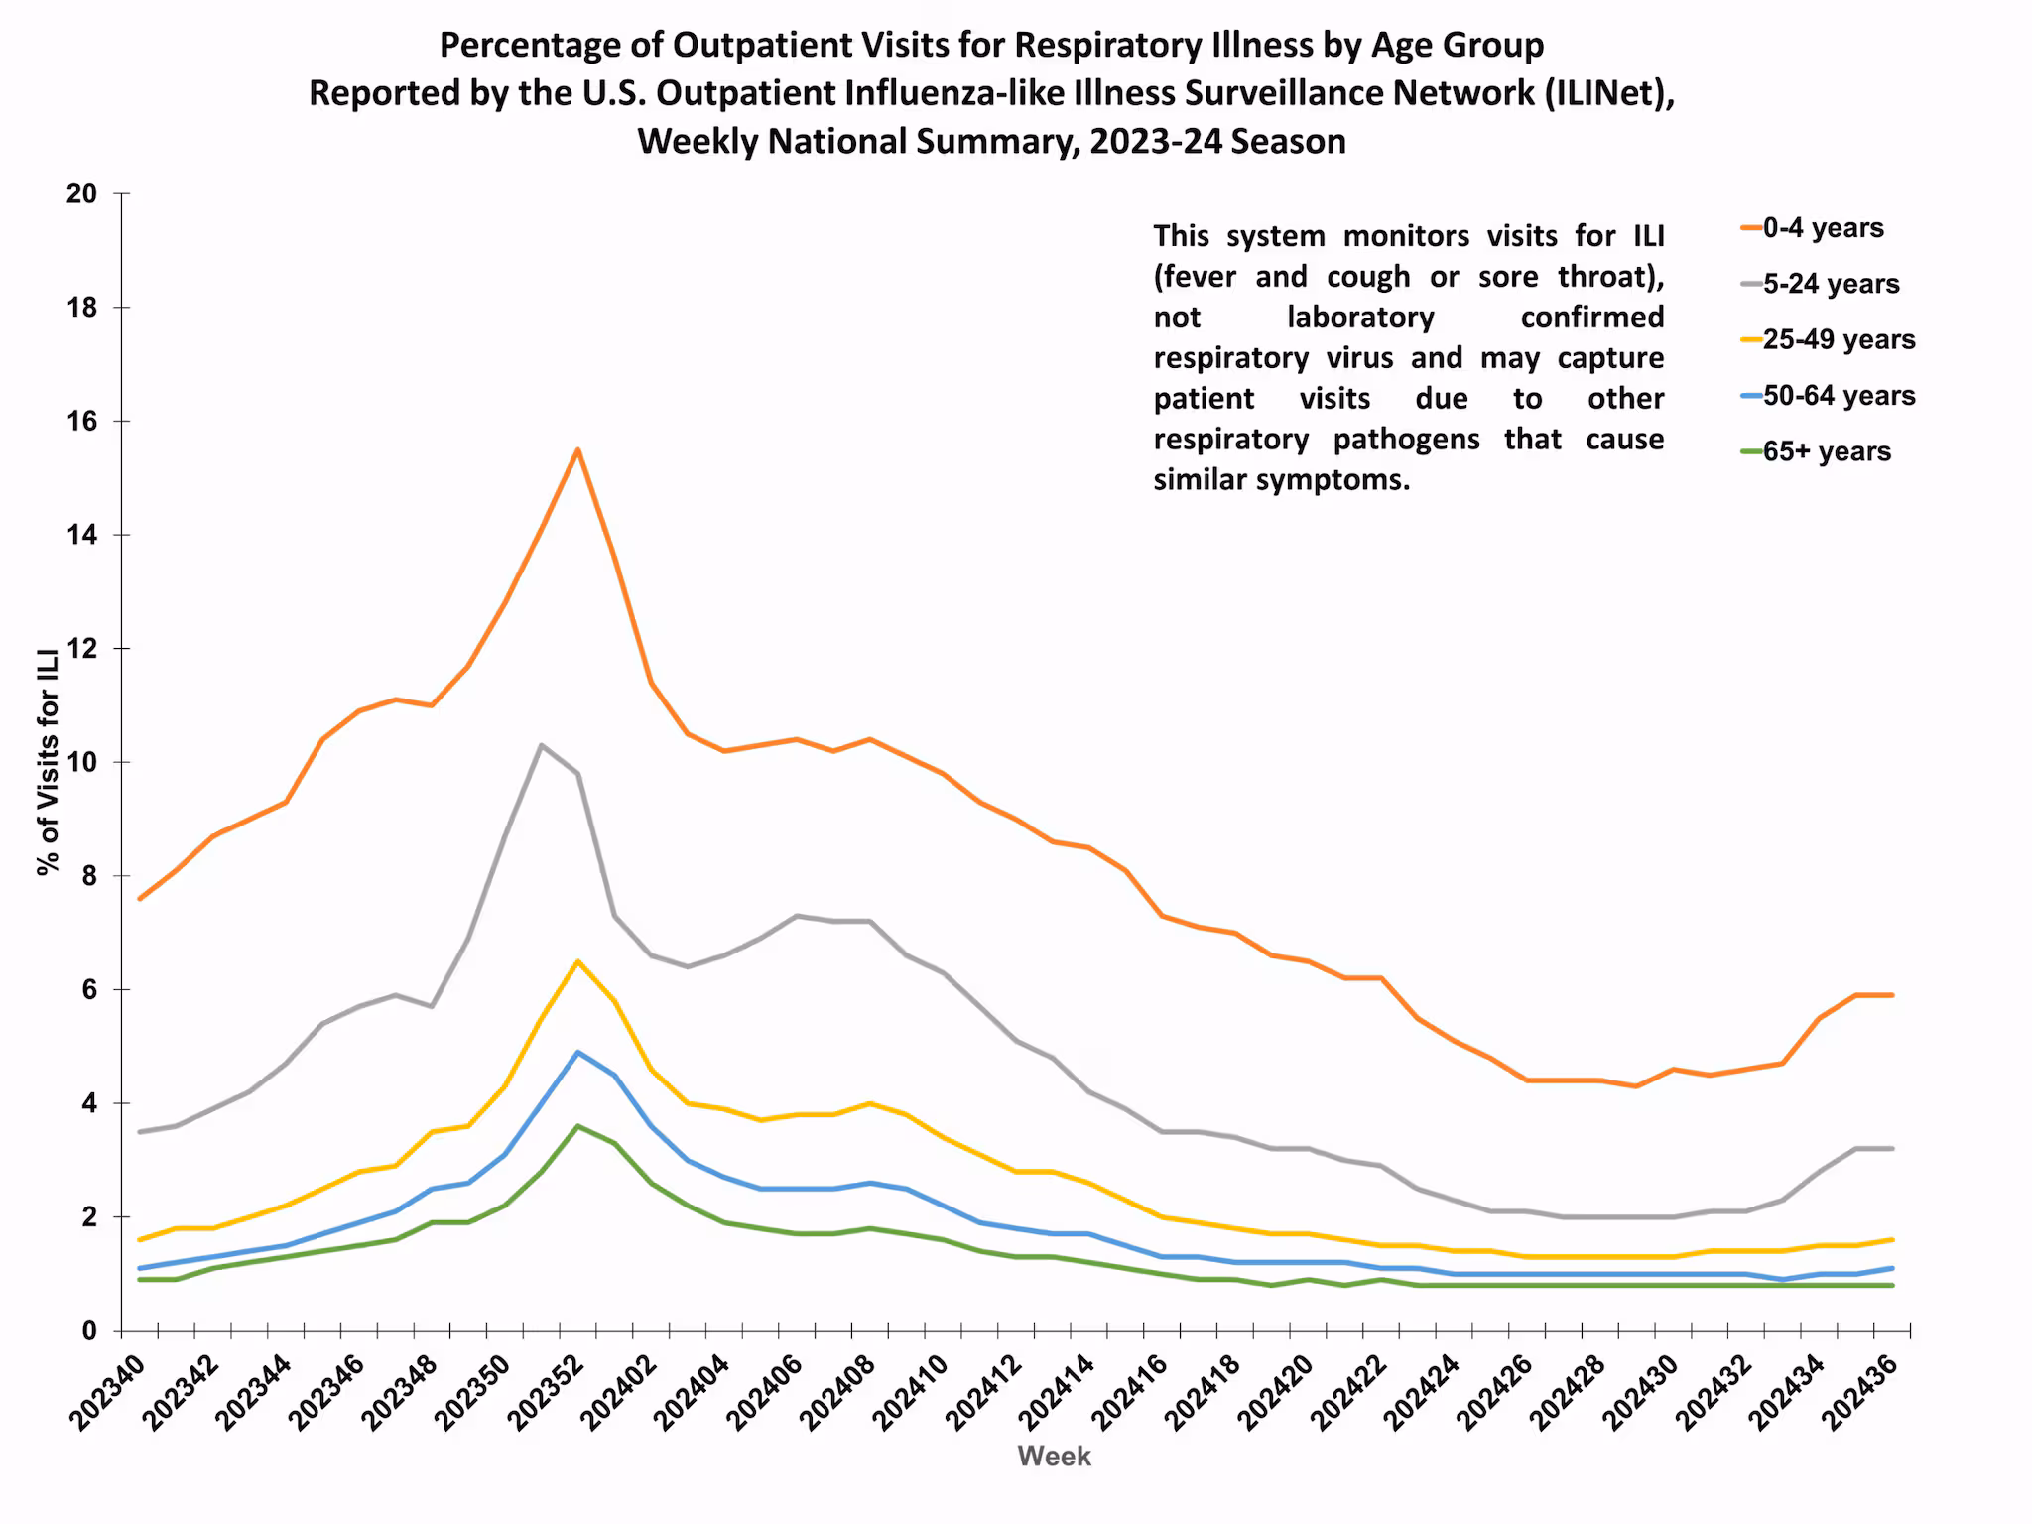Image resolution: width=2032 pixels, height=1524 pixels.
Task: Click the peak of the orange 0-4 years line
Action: pos(577,449)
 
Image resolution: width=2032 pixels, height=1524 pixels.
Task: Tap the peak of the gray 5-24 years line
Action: pos(541,745)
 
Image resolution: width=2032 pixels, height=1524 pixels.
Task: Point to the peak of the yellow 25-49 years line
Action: pos(577,960)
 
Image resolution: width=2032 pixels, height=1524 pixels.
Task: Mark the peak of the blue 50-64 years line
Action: pos(577,1052)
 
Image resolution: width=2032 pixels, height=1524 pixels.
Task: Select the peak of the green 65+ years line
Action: pos(577,1126)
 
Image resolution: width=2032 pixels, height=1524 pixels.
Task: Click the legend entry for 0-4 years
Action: pos(1822,228)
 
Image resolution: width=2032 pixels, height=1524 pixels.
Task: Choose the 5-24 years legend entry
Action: pos(1830,284)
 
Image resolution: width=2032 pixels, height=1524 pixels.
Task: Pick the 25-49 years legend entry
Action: pos(1838,339)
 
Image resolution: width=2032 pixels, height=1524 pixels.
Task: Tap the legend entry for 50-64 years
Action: pos(1838,396)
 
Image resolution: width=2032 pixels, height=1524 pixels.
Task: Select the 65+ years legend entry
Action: pos(1826,451)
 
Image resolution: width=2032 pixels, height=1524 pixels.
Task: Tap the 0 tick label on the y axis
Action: pos(89,1331)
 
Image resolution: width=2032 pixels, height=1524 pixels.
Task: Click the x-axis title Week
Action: pos(1054,1457)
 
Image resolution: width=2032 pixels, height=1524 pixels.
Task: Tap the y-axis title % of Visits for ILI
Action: pos(48,762)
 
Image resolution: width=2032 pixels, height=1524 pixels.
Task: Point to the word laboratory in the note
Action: pos(1360,317)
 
